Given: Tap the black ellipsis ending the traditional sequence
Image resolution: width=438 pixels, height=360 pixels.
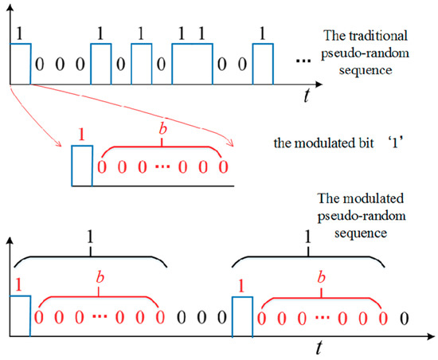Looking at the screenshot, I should click(x=303, y=61).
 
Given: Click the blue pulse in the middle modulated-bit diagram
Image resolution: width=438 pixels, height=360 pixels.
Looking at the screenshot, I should click(x=81, y=166).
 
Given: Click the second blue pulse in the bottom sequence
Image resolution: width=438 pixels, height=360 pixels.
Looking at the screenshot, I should click(x=242, y=317).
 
